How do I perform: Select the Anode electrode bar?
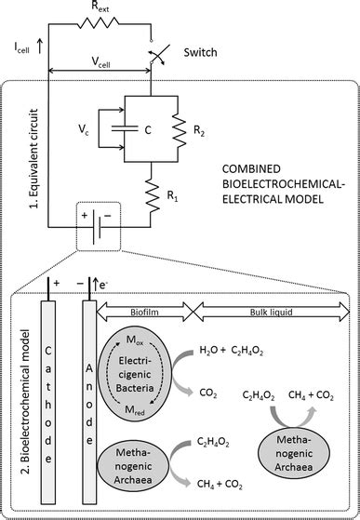pyautogui.click(x=91, y=400)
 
